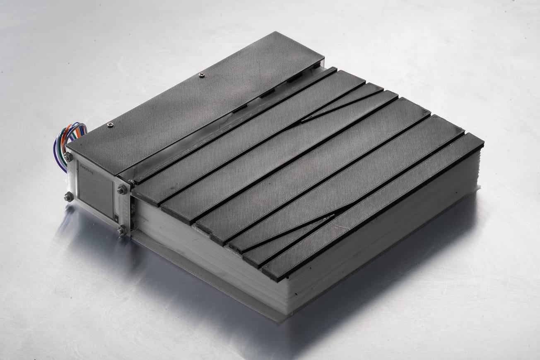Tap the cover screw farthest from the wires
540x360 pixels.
[x=201, y=75]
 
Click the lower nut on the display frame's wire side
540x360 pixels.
[x=68, y=197]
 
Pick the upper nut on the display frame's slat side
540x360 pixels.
[x=122, y=190]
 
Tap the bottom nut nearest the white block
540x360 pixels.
[x=121, y=230]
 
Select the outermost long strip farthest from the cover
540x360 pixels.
[x=373, y=207]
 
